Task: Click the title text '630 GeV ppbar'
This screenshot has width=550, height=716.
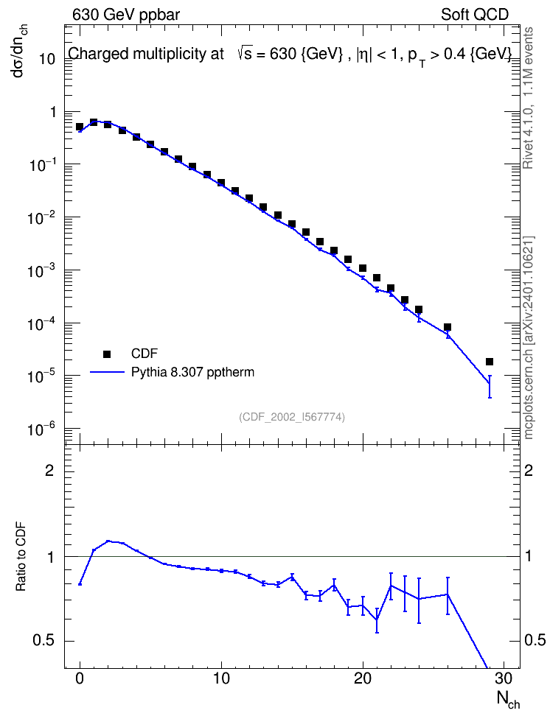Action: (126, 15)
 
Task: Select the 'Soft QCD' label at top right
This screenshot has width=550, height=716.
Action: (475, 15)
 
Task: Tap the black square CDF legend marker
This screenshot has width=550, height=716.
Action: (107, 354)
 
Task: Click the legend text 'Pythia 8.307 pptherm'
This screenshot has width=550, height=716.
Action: (192, 372)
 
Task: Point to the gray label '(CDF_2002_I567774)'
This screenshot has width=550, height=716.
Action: (292, 417)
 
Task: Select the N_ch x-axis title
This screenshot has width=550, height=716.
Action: (508, 700)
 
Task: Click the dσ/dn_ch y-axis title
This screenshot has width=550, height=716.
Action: (20, 51)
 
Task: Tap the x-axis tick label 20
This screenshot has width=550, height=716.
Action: (363, 678)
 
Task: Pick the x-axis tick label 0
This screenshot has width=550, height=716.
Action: (80, 678)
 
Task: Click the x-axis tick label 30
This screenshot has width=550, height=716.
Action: (504, 678)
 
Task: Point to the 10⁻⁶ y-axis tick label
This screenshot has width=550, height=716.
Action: (42, 429)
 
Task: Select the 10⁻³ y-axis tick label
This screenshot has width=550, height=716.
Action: (42, 270)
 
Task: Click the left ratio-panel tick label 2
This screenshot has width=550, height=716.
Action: (49, 470)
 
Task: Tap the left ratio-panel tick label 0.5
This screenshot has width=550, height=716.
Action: (44, 641)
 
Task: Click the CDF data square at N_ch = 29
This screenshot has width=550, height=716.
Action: (490, 362)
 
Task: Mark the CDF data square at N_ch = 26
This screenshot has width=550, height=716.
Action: (447, 327)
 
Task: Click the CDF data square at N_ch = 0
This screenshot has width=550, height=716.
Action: (80, 127)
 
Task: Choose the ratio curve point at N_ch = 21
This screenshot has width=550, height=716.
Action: (377, 620)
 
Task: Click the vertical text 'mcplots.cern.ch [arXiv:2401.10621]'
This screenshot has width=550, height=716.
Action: (529, 338)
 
